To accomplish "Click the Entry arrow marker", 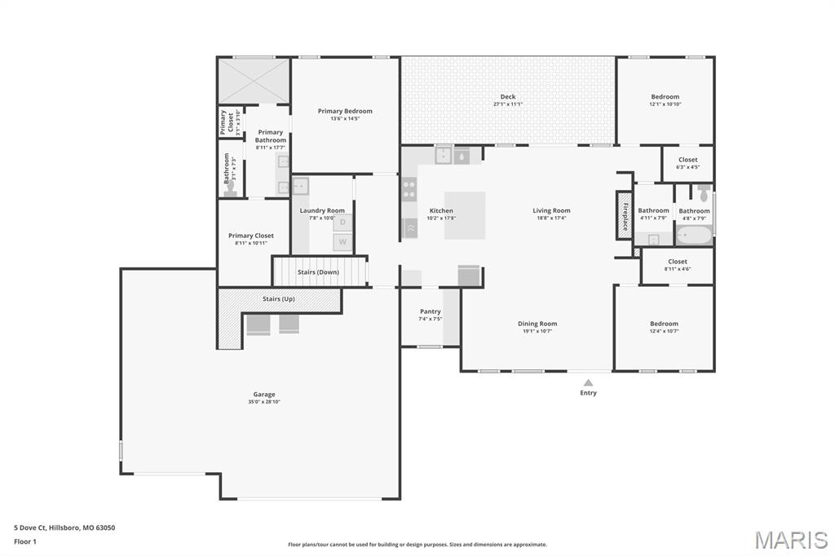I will point(588,381).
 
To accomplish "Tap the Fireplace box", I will point(625,215).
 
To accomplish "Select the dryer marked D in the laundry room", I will point(342,222).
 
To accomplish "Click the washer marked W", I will point(342,242).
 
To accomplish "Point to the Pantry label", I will point(430,311).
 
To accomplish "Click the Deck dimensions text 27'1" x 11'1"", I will point(508,104).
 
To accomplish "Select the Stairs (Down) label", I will point(318,271).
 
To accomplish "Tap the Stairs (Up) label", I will point(279,299).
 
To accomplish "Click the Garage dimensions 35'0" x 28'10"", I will point(263,401).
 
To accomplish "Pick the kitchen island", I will point(465,215).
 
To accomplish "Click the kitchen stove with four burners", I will point(409,190).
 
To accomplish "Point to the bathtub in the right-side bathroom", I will point(694,236).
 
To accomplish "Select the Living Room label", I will point(551,210).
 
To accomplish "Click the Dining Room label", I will point(537,324).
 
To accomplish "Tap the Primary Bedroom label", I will point(345,111).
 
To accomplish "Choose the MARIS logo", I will point(791,540).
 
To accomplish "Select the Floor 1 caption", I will point(26,541).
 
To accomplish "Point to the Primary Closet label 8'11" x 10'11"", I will point(251,236).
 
